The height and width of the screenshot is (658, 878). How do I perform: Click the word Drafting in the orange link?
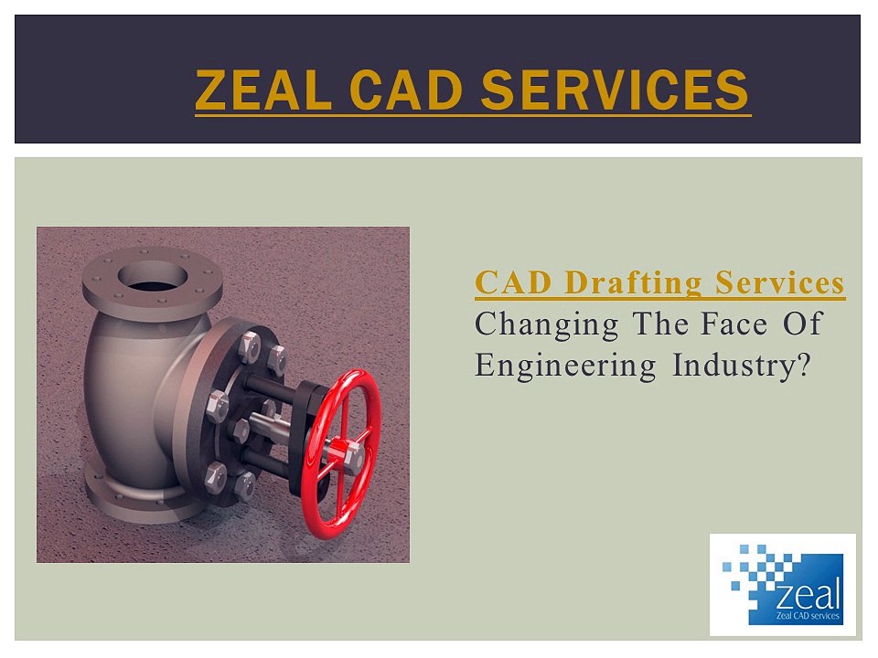click(x=622, y=283)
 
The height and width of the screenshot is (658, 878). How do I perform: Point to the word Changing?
click(x=547, y=324)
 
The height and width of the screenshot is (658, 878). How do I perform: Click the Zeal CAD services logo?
click(x=783, y=585)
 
